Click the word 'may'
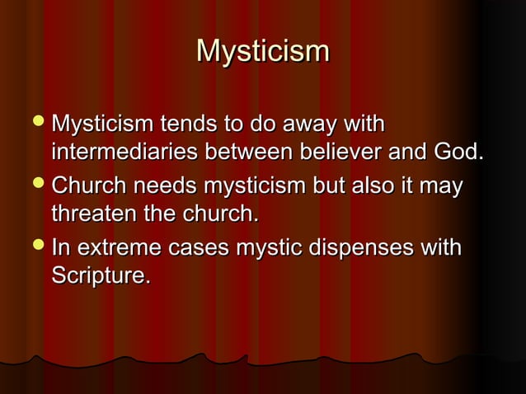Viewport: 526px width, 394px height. [444, 188]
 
